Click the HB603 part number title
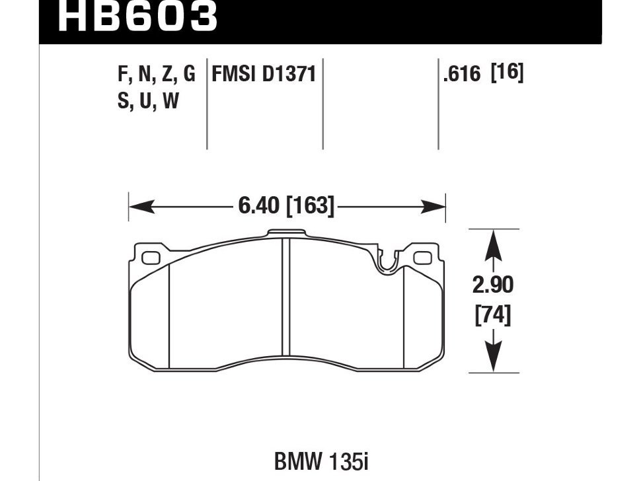[137, 17]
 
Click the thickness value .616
[463, 74]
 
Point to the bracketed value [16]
[508, 73]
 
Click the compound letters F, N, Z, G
[157, 75]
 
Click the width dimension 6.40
[259, 206]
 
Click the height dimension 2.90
[494, 285]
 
